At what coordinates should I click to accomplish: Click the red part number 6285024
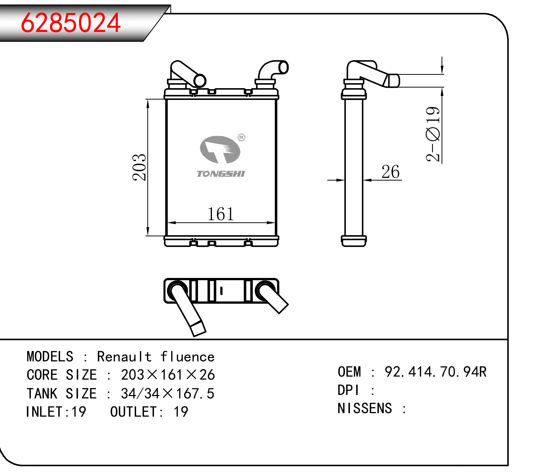coord(71,23)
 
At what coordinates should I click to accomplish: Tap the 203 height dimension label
coord(139,167)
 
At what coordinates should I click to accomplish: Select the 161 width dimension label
coord(221,214)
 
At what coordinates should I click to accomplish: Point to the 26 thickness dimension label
coord(390,172)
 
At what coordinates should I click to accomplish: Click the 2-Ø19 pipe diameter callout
coord(433,134)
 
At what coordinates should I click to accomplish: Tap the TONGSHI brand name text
coord(221,174)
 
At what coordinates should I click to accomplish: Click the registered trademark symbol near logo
coord(241,137)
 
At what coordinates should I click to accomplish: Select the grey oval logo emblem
coord(220,150)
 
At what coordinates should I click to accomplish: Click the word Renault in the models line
coord(124,357)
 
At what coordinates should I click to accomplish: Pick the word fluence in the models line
coord(187,357)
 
